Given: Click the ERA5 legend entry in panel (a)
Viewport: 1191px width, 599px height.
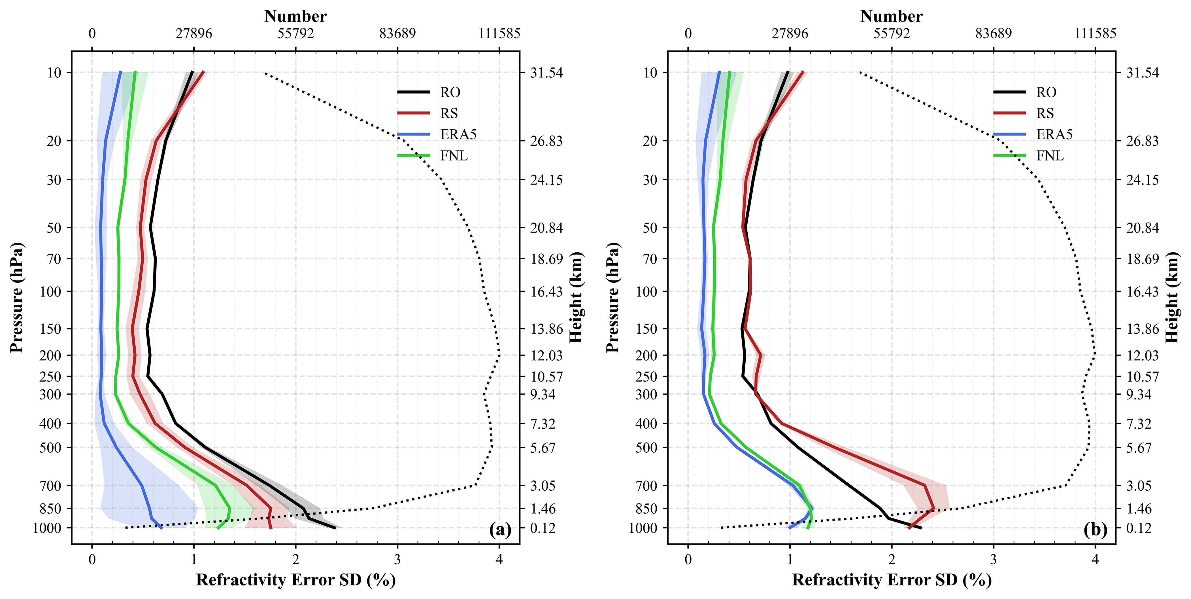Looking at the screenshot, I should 458,134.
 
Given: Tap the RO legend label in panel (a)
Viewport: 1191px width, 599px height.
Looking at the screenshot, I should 450,92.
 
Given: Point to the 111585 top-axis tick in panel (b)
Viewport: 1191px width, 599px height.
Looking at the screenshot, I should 1095,33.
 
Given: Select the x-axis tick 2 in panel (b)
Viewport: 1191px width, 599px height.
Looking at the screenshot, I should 891,559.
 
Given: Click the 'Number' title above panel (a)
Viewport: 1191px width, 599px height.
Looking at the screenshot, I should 295,16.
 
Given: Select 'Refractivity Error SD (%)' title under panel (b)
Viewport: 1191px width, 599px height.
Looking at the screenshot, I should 891,579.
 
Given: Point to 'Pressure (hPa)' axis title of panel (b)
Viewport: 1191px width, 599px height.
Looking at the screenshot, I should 612,297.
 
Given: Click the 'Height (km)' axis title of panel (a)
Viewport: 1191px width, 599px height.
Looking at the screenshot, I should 576,297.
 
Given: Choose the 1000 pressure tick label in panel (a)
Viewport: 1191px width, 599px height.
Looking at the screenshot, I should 47,528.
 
